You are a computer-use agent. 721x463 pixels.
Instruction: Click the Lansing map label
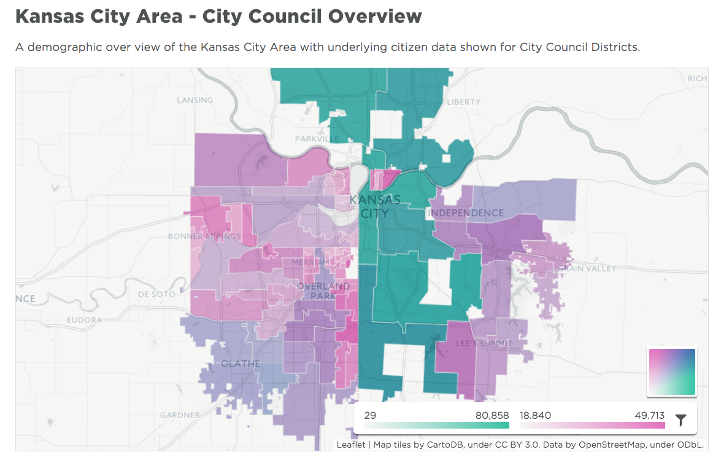195,100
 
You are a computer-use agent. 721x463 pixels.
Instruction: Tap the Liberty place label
463,102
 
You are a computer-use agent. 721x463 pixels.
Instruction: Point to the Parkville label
317,139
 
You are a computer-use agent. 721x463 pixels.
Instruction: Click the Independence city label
466,213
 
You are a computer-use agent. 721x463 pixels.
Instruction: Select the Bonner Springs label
204,236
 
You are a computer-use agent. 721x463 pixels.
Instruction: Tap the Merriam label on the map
310,262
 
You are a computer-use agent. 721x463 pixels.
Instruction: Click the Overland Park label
323,291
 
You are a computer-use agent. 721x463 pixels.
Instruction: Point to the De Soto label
157,295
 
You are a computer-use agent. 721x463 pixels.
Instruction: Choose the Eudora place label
85,320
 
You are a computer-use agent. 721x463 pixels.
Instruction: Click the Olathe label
241,364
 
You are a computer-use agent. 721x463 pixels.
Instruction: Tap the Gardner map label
180,415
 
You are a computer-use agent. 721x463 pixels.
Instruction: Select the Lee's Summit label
484,343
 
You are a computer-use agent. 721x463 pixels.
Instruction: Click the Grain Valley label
587,269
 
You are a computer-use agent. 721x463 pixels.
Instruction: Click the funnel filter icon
681,420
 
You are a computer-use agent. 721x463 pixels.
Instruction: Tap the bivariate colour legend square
673,372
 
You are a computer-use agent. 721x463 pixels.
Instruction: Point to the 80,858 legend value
492,416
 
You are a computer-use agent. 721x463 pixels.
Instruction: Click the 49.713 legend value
650,416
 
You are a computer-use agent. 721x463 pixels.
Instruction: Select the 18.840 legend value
535,416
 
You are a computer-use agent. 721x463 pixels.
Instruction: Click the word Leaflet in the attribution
351,445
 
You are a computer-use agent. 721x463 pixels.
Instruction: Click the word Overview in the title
375,17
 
